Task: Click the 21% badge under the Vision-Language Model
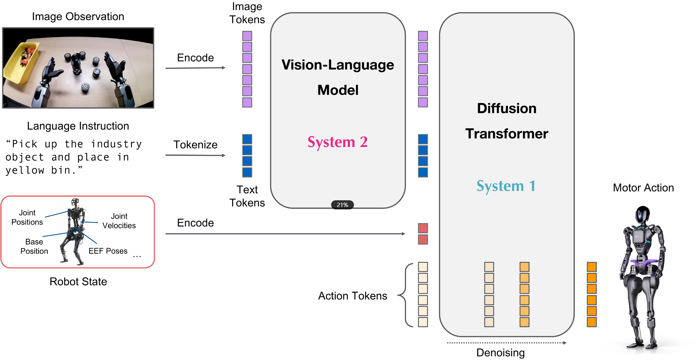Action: (342, 205)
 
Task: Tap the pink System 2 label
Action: (338, 142)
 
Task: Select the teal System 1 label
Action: (506, 186)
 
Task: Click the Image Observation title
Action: (78, 16)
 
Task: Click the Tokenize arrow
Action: (195, 155)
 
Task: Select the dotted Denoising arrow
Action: (507, 343)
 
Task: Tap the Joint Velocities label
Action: (119, 221)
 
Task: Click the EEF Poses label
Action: (108, 251)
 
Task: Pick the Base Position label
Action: (34, 246)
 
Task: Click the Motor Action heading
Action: (643, 188)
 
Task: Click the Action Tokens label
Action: (353, 296)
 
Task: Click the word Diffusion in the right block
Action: (507, 108)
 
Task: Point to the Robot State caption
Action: (78, 281)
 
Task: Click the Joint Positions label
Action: (27, 217)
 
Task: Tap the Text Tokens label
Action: (247, 196)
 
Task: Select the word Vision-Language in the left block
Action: (338, 65)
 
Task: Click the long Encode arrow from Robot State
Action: (285, 234)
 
